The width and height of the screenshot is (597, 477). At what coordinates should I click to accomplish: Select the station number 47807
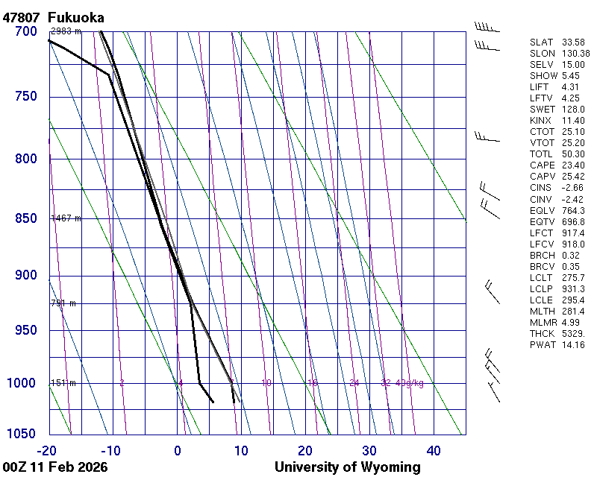click(x=22, y=17)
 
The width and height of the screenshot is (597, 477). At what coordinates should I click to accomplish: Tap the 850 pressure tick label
click(x=26, y=218)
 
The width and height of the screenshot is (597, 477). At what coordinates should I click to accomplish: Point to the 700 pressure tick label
click(x=26, y=31)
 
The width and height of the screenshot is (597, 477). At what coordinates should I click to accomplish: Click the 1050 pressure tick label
click(x=22, y=435)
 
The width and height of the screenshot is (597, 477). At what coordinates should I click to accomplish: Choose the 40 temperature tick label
click(x=434, y=450)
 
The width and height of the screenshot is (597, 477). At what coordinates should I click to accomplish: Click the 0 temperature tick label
click(x=178, y=450)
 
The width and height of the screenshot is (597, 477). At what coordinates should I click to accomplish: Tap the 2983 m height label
click(x=66, y=31)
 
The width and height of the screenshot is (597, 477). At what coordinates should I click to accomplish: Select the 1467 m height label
click(x=66, y=218)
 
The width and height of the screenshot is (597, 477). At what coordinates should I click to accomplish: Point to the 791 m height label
click(x=63, y=303)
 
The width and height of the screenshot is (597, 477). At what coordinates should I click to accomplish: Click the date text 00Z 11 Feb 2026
click(x=55, y=467)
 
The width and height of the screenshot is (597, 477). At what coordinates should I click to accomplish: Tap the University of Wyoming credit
click(x=347, y=467)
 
